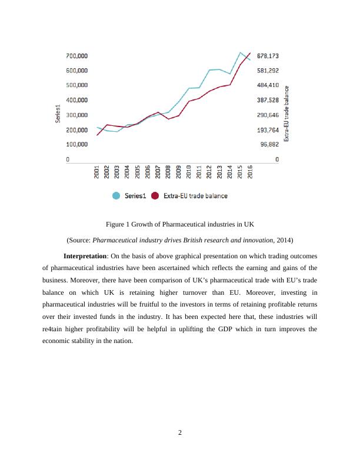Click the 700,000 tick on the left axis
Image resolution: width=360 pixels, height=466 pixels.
(76, 56)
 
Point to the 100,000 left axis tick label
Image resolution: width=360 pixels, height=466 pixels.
(76, 144)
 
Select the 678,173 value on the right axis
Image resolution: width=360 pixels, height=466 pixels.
(268, 56)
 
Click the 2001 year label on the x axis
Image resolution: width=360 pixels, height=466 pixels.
(97, 171)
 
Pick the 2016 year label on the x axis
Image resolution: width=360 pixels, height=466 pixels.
(251, 171)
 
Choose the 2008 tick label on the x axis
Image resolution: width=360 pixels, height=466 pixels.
(168, 171)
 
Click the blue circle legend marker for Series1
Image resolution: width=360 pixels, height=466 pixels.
(116, 196)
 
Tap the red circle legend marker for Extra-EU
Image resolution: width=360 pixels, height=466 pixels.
(155, 196)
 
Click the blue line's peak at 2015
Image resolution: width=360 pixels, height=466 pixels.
(241, 52)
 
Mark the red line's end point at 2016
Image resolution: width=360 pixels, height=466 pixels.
(251, 53)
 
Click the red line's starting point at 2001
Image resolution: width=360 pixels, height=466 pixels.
(97, 135)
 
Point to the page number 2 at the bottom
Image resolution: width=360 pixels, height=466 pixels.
(180, 434)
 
